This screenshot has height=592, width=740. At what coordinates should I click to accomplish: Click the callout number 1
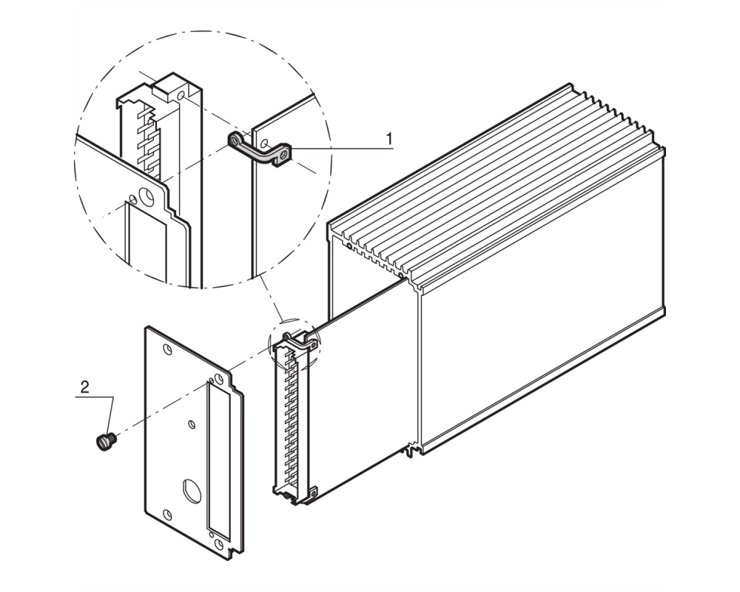(389, 139)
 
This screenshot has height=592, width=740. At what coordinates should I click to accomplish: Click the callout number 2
(85, 387)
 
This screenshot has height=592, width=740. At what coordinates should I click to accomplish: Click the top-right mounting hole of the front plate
(219, 379)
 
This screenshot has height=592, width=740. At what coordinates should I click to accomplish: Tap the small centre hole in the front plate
(192, 425)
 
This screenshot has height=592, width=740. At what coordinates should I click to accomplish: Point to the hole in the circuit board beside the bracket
(266, 143)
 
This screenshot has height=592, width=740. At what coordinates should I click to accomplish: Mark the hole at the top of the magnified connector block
(181, 96)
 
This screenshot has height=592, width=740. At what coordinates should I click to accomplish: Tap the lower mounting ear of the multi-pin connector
(312, 494)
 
